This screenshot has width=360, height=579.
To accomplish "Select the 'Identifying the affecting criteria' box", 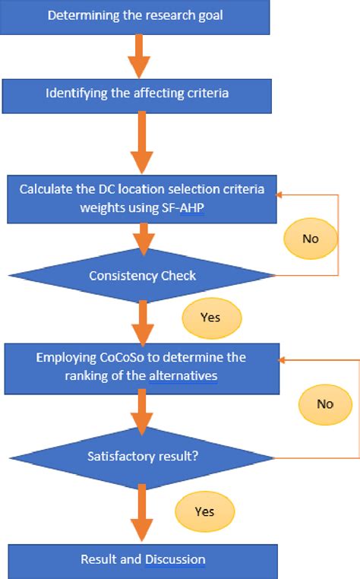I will pos(137,93).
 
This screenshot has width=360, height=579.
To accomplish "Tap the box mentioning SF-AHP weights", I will pos(141,197).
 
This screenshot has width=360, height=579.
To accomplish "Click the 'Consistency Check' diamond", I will pos(141,275).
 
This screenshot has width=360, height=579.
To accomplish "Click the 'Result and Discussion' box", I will pos(143,560).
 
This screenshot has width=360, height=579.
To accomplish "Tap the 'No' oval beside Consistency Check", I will pos(310,239).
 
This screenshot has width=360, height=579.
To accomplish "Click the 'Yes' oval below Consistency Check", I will pos(211,318).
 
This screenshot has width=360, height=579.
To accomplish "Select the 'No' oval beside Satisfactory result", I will pos(325,403).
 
